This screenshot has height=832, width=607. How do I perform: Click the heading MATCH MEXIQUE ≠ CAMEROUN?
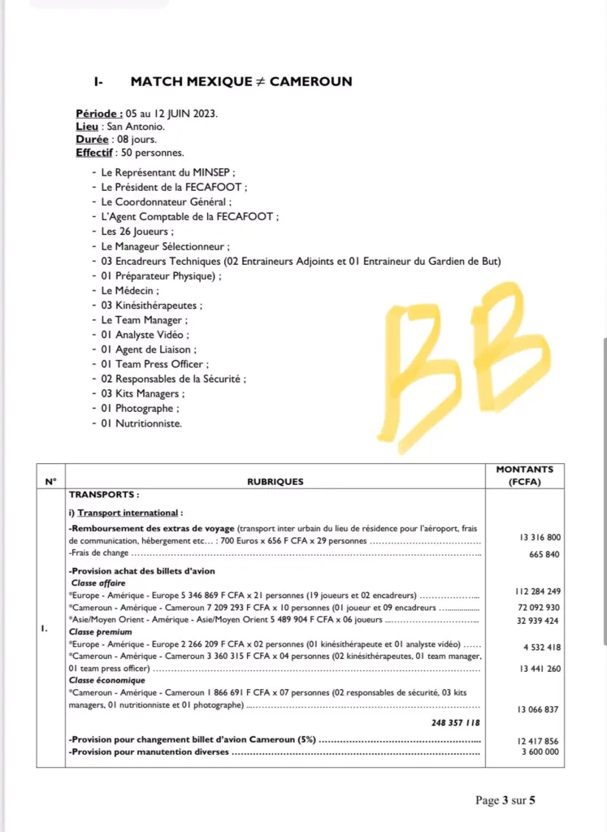coord(241,81)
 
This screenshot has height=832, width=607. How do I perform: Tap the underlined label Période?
coord(99,114)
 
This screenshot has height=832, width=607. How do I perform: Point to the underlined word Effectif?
coord(94,153)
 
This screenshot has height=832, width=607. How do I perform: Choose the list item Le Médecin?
coord(130,290)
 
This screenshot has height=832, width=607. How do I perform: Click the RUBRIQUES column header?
coord(275,481)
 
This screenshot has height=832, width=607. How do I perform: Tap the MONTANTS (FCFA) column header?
coord(524,474)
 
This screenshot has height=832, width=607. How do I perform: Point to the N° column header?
coord(51,481)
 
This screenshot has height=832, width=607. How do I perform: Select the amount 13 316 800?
coord(540,537)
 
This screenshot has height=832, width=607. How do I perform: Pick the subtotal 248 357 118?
coord(455,722)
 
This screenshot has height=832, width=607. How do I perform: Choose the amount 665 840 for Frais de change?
coord(544,554)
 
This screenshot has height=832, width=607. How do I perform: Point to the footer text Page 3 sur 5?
coord(505,800)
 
